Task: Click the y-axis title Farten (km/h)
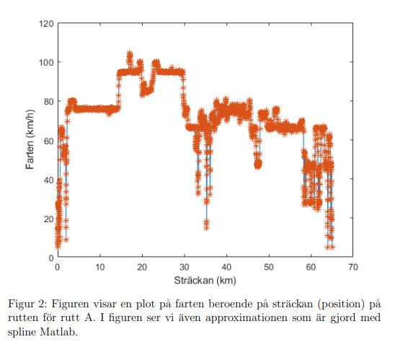[x=30, y=141]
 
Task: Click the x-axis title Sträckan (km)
[x=205, y=280]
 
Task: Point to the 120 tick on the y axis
[x=48, y=23]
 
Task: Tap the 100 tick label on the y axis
[x=48, y=62]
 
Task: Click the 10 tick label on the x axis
[x=99, y=267]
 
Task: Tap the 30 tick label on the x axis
[x=184, y=267]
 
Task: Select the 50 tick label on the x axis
[x=268, y=267]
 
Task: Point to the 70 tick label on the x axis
[x=352, y=267]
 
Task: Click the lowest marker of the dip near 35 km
[x=206, y=227]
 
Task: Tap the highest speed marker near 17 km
[x=130, y=54]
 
